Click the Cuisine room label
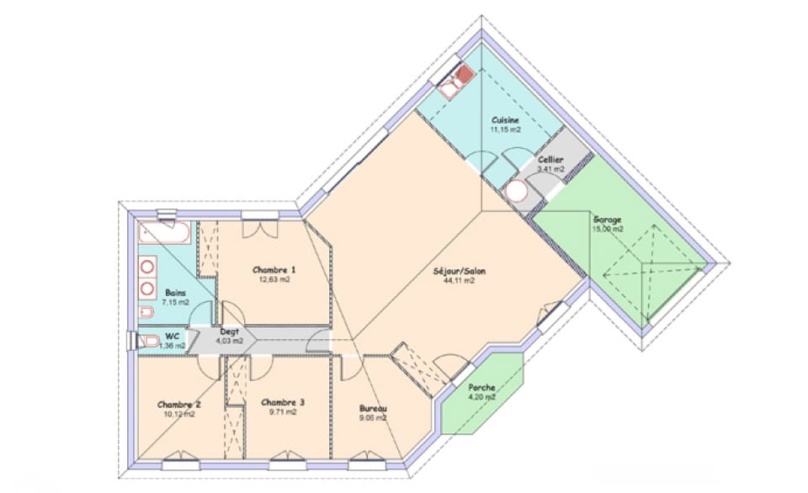coord(505,120)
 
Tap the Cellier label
coord(550,160)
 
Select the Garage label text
coord(608,220)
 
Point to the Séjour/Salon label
coord(459,271)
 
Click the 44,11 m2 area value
coord(459,281)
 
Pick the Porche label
coord(481,387)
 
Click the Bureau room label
coord(373,409)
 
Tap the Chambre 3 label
coord(283,402)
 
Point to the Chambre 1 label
coord(274,270)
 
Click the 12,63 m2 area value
coord(274,279)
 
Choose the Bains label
coord(176,293)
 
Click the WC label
coord(172,337)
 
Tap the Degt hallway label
coord(229,331)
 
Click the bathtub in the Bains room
coord(165,232)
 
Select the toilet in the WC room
coord(148,341)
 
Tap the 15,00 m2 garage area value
coord(608,229)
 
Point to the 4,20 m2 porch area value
coord(481,397)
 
